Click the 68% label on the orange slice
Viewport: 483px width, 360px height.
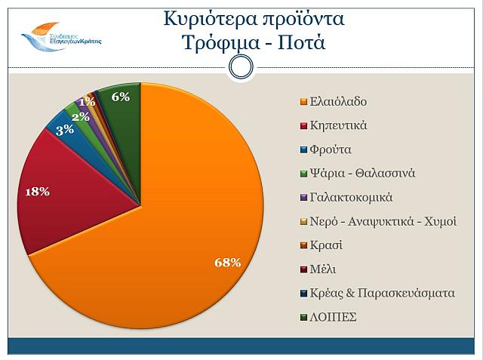[228, 263]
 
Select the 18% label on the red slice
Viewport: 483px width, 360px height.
[37, 192]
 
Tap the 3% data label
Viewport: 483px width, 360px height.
[64, 129]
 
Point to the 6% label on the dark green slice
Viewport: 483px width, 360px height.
[120, 96]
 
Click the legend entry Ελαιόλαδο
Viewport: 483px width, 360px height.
[339, 101]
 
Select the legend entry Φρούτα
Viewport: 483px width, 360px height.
[331, 149]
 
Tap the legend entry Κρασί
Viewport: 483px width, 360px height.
[326, 245]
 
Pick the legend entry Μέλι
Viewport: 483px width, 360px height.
[324, 269]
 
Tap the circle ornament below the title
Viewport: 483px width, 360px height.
[240, 67]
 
